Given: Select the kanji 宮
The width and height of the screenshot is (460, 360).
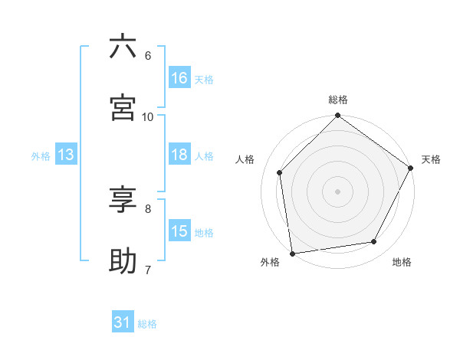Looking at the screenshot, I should click(123, 107).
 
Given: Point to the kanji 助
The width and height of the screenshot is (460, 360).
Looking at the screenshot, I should click(123, 260).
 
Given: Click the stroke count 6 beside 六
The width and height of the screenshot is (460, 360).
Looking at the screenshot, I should click(147, 55).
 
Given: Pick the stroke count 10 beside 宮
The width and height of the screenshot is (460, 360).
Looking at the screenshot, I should click(147, 116).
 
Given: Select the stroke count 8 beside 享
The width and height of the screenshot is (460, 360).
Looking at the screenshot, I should click(147, 208).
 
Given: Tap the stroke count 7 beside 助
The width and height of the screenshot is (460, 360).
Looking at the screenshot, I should click(147, 269).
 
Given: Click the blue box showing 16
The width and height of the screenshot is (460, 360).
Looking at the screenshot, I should click(179, 78).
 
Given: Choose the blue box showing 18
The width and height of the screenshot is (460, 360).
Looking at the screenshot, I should click(179, 155).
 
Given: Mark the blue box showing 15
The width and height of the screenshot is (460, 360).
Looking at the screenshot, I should click(179, 231).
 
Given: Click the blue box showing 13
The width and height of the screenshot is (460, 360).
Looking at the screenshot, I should click(66, 155).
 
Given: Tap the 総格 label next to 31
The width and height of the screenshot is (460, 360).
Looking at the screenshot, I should click(147, 324).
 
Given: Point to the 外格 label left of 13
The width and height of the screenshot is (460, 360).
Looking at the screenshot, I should click(41, 155).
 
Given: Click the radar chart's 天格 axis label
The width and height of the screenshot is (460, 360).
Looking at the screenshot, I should click(431, 159).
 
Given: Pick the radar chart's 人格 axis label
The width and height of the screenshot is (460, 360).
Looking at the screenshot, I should click(245, 159).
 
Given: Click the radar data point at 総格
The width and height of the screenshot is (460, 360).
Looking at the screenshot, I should click(338, 116).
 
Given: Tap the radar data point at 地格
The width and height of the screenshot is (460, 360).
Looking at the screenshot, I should click(374, 241).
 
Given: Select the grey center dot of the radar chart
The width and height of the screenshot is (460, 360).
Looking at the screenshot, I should click(338, 191).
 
